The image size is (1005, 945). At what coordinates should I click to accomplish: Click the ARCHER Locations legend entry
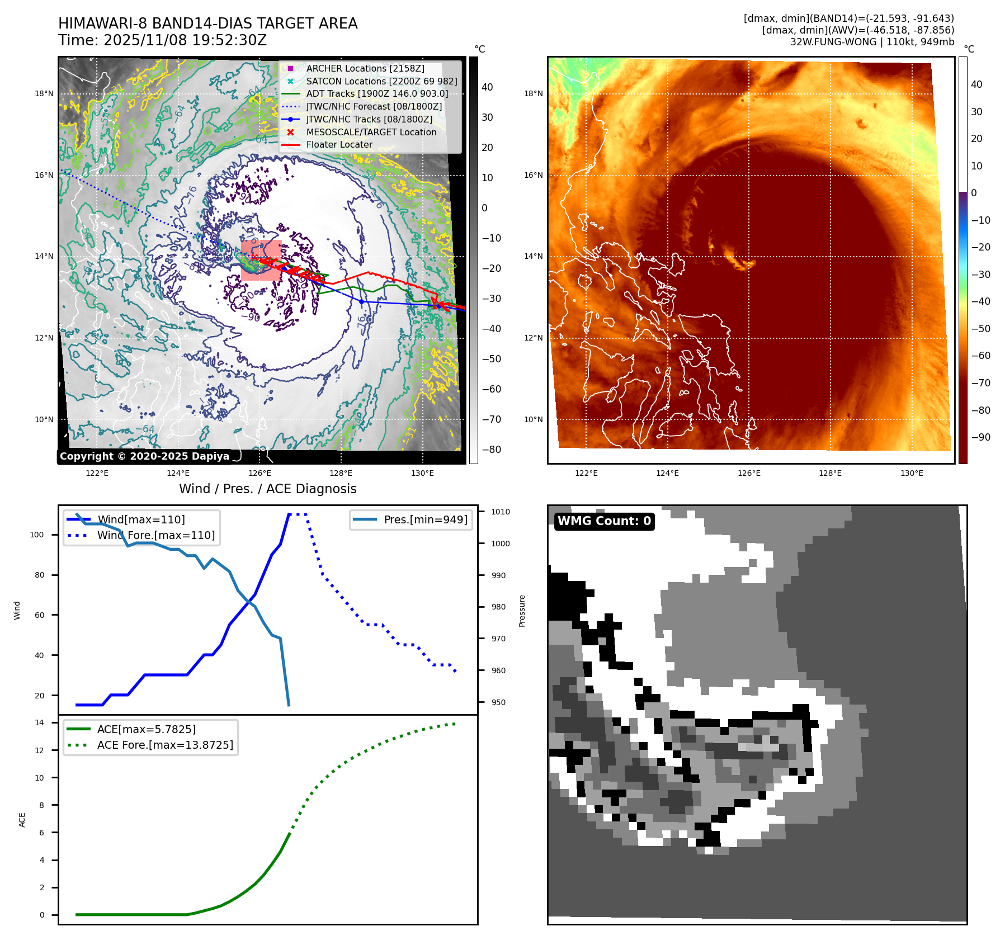point(365,68)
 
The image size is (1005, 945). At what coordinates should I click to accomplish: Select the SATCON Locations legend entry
point(381,81)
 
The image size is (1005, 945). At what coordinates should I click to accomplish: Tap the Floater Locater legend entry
point(339,144)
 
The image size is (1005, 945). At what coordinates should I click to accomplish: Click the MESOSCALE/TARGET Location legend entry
point(371,132)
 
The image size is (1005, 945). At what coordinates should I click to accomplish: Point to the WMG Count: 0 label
point(604,521)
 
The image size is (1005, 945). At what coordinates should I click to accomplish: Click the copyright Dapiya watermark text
point(144,456)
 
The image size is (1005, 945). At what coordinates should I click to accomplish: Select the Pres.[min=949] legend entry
point(425,519)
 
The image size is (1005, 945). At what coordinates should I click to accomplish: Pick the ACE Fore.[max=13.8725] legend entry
point(165,745)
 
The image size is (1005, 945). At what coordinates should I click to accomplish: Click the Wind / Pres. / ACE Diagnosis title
point(267,489)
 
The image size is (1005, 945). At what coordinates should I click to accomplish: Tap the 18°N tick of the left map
point(44,94)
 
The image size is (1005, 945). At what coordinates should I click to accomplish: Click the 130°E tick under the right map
point(912,474)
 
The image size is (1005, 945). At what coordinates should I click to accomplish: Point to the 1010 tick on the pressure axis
point(501,512)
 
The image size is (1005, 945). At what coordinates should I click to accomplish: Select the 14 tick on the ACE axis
point(40,722)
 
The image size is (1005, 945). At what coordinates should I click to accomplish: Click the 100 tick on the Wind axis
point(37,535)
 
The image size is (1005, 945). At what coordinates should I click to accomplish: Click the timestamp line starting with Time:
point(162,41)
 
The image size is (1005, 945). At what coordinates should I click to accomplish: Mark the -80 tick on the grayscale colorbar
point(492,450)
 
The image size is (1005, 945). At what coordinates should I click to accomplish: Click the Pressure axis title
point(522,611)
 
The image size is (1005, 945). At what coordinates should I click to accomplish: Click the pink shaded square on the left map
point(261,260)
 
